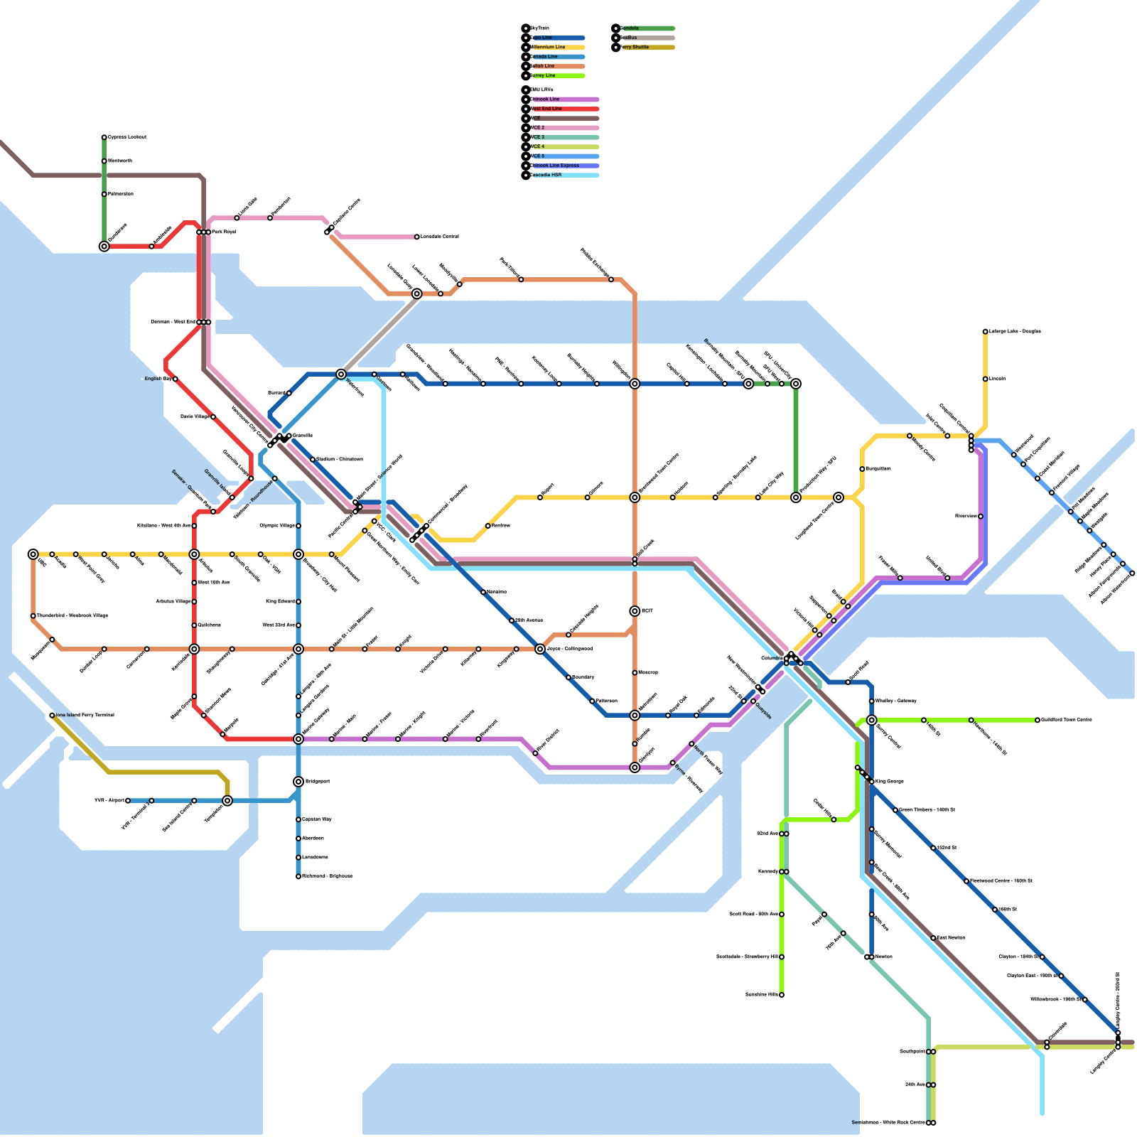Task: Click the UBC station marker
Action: pos(33,554)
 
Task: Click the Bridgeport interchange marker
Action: pos(298,782)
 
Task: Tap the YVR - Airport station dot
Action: pos(128,801)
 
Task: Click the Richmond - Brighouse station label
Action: pos(327,876)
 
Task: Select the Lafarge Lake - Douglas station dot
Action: pos(986,331)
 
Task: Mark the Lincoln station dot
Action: pos(986,379)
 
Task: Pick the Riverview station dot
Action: pos(981,517)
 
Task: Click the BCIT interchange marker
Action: pos(635,611)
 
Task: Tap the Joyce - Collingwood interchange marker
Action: pos(540,649)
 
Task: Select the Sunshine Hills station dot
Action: pos(782,995)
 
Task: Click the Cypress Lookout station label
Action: pos(127,137)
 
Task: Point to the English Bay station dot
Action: pos(175,379)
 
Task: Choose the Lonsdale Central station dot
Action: pos(417,237)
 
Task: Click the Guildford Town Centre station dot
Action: pos(1038,720)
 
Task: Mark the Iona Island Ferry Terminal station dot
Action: pos(52,716)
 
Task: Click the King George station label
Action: pos(890,782)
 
